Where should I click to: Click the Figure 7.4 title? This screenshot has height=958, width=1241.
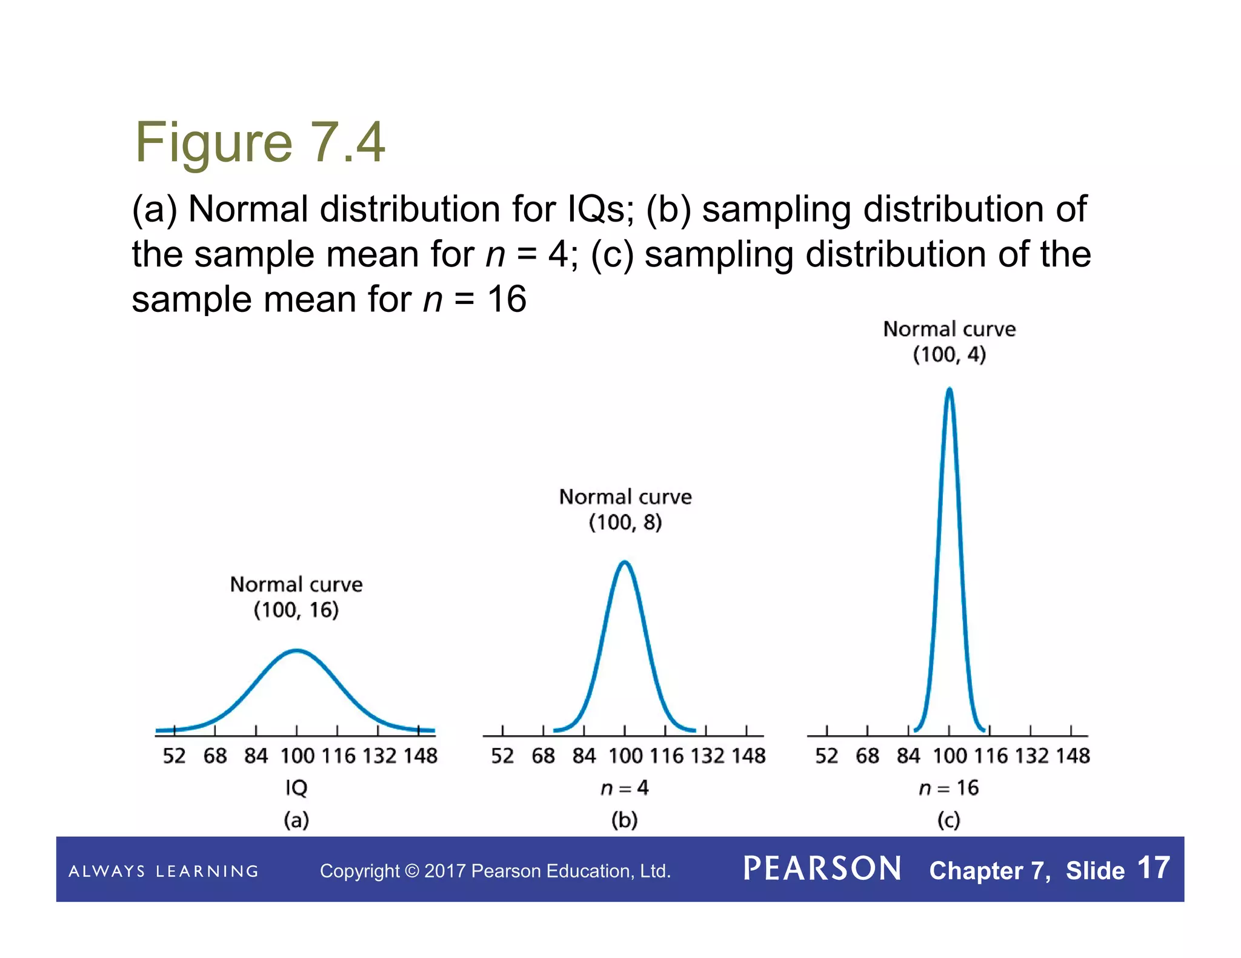tap(259, 142)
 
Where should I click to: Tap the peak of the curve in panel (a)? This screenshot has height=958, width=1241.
tap(296, 650)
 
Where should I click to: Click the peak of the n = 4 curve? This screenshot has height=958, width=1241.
tap(625, 563)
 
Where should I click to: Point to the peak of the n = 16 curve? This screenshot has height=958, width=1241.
tap(949, 389)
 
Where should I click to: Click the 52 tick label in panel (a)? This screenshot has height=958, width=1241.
tap(174, 756)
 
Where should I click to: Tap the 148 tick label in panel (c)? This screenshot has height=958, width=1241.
tap(1073, 756)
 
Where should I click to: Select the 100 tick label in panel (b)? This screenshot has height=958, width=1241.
tap(625, 756)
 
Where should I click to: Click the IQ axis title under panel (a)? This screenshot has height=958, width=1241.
tap(296, 788)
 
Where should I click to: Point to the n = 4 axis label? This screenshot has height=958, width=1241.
tap(625, 788)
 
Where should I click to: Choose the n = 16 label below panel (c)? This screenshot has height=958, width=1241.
tap(949, 788)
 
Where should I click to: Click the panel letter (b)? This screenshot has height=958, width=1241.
tap(625, 820)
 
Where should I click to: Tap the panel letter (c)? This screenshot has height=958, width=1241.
tap(949, 820)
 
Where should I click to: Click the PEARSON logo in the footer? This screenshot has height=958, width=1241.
tap(822, 868)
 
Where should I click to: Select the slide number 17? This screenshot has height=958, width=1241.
tap(1153, 868)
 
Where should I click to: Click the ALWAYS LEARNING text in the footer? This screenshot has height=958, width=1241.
tap(164, 871)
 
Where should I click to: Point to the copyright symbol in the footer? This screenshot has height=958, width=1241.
tap(412, 871)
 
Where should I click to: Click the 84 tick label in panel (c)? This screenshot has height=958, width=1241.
tap(908, 756)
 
